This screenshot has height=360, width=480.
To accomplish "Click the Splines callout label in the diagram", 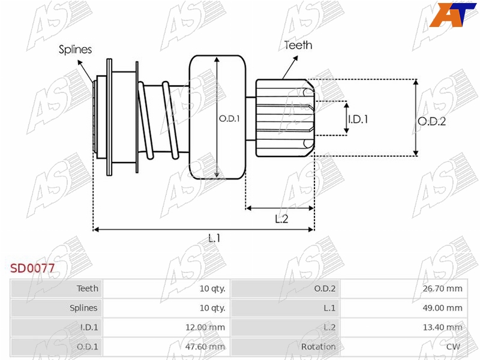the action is pyautogui.click(x=76, y=50).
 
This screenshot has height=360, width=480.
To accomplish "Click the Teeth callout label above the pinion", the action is pyautogui.click(x=298, y=46).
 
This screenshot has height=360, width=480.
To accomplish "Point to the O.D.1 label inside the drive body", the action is pyautogui.click(x=229, y=119).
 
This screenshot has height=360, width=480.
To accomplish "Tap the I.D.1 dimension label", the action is pyautogui.click(x=358, y=119).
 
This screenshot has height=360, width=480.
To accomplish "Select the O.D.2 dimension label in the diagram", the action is pyautogui.click(x=431, y=122).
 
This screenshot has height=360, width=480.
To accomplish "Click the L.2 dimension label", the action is pyautogui.click(x=281, y=219).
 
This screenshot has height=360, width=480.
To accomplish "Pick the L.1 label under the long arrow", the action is pyautogui.click(x=214, y=238).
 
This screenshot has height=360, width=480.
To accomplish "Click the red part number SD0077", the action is pyautogui.click(x=32, y=268).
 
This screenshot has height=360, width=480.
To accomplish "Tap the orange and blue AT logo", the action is pyautogui.click(x=452, y=15).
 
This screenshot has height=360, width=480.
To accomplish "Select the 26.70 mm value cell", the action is pyautogui.click(x=442, y=289).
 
